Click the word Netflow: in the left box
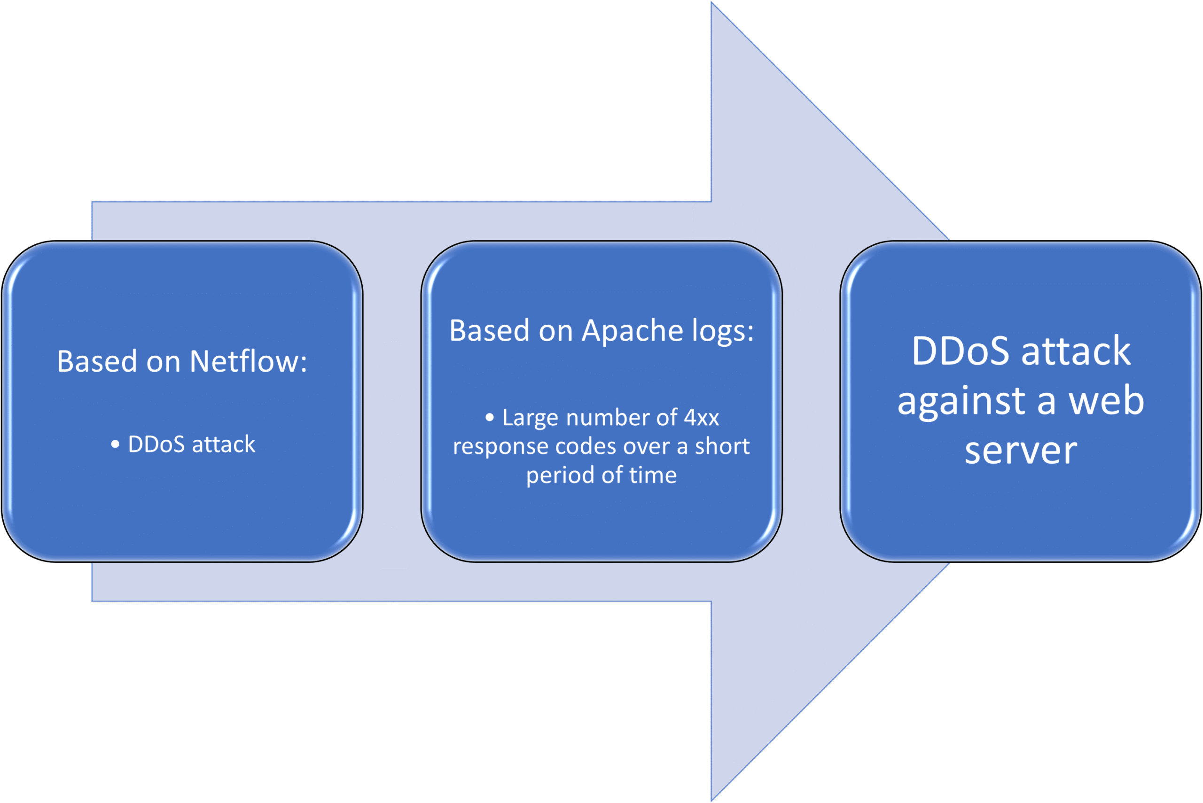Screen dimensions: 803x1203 point(249,361)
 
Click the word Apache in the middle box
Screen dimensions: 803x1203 point(633,331)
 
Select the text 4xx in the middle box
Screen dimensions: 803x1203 point(701,417)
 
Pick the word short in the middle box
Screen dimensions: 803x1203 point(722,446)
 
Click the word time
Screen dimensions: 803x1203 point(653,475)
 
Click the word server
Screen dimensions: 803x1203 point(1021,450)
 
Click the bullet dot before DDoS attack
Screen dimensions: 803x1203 point(115,444)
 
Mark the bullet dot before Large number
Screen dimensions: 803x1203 point(490,418)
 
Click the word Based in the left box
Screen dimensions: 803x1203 point(97,361)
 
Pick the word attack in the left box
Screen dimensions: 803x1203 point(223,444)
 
